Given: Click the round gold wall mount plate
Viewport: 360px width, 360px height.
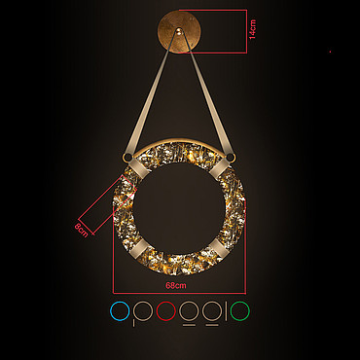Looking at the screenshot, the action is click(179, 31).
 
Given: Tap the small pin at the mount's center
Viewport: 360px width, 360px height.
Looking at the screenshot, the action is click(179, 31).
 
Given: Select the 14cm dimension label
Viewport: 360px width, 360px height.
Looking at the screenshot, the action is click(253, 29).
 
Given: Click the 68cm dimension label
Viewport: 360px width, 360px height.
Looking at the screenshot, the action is click(176, 285).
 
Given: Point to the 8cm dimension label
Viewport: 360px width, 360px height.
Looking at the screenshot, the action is click(81, 230).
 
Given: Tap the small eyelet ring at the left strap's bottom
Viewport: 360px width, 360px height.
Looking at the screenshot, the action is click(126, 158).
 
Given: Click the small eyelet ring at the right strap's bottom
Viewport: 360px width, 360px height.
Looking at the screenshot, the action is click(231, 158).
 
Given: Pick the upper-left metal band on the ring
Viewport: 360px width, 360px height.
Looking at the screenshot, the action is click(138, 169).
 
